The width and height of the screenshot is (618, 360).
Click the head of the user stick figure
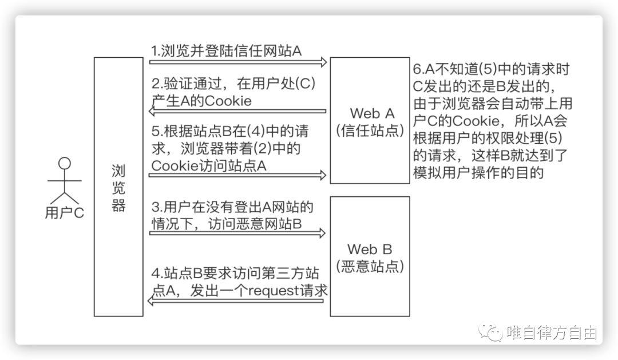pyautogui.click(x=64, y=163)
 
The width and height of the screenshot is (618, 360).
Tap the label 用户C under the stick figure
pyautogui.click(x=64, y=213)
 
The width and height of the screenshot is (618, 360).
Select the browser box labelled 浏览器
pyautogui.click(x=118, y=187)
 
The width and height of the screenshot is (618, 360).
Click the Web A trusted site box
pyautogui.click(x=370, y=121)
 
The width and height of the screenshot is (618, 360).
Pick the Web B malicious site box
pyautogui.click(x=370, y=256)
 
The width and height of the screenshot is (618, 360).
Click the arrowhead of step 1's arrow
pyautogui.click(x=324, y=62)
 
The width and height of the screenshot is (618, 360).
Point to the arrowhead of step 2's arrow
pyautogui.click(x=152, y=111)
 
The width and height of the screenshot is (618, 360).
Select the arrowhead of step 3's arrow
pyautogui.click(x=323, y=233)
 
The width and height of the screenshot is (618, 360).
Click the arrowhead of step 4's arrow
pyautogui.click(x=151, y=301)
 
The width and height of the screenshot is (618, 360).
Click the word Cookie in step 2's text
pyautogui.click(x=228, y=101)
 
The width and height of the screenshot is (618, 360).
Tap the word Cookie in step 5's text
pyautogui.click(x=174, y=166)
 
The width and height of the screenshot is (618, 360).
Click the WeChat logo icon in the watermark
pyautogui.click(x=490, y=333)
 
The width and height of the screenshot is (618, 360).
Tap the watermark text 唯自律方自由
pyautogui.click(x=552, y=333)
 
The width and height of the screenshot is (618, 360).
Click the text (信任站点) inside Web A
pyautogui.click(x=370, y=130)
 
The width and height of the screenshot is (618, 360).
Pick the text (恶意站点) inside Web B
pyautogui.click(x=370, y=267)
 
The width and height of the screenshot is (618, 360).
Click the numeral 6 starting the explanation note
pyautogui.click(x=417, y=69)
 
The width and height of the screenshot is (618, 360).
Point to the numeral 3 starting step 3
pyautogui.click(x=155, y=207)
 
